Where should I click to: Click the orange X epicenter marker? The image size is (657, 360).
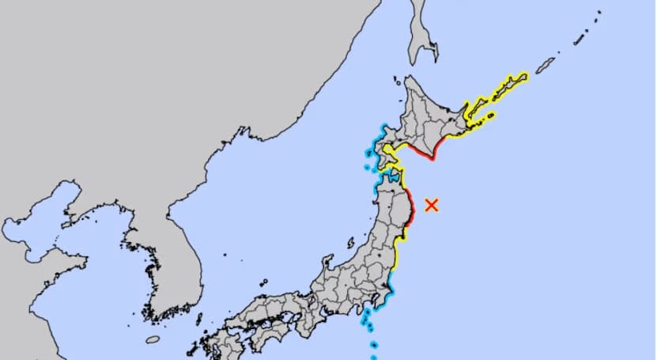click(x=432, y=205)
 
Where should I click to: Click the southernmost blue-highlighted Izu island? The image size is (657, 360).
click(x=374, y=345)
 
